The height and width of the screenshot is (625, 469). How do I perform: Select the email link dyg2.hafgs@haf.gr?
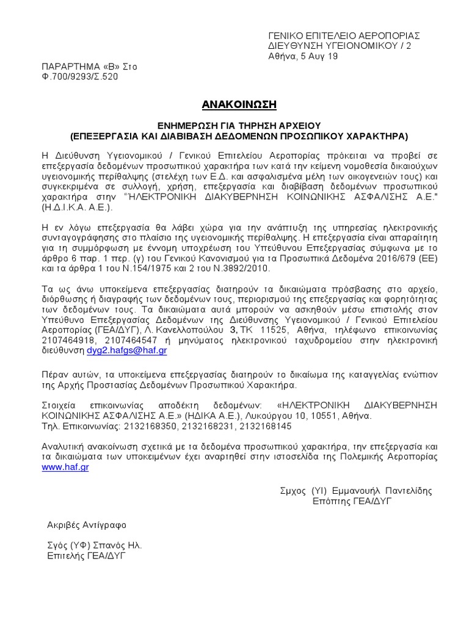[126, 350]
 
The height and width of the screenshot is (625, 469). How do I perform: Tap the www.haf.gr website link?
[65, 467]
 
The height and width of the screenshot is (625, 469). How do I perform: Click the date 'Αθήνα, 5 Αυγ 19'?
[304, 56]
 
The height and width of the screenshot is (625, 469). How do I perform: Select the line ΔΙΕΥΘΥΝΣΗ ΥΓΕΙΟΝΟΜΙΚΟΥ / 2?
[340, 46]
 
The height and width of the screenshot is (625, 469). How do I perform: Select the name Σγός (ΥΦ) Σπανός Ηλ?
[95, 546]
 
